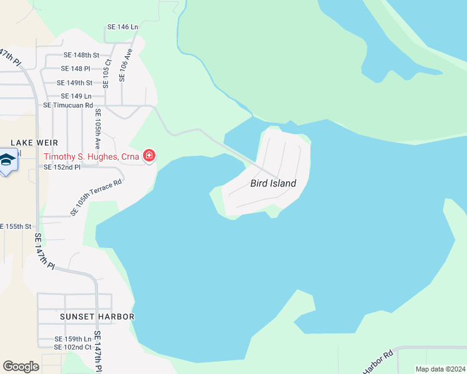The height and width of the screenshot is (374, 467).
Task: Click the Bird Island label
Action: coord(273,183)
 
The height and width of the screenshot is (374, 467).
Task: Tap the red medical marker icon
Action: coord(149,155)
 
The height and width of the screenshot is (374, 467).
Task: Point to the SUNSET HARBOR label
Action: coord(97,317)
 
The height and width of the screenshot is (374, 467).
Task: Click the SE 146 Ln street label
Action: coord(122,27)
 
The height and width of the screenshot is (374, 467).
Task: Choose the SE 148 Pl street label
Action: coord(76,69)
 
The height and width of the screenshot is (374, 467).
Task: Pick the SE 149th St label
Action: coord(74,83)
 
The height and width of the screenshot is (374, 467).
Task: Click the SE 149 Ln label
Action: coord(76,96)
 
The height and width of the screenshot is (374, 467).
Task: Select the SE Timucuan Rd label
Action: coord(68,105)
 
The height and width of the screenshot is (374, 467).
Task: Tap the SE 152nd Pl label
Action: coord(62,167)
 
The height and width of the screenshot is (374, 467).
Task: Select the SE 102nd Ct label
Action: coord(73,347)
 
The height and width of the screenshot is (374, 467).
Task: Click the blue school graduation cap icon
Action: coord(7,161)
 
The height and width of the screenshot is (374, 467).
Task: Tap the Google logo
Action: coord(21,367)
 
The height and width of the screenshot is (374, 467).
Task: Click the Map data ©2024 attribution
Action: coord(440,369)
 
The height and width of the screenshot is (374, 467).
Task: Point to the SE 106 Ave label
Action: coord(125,67)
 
